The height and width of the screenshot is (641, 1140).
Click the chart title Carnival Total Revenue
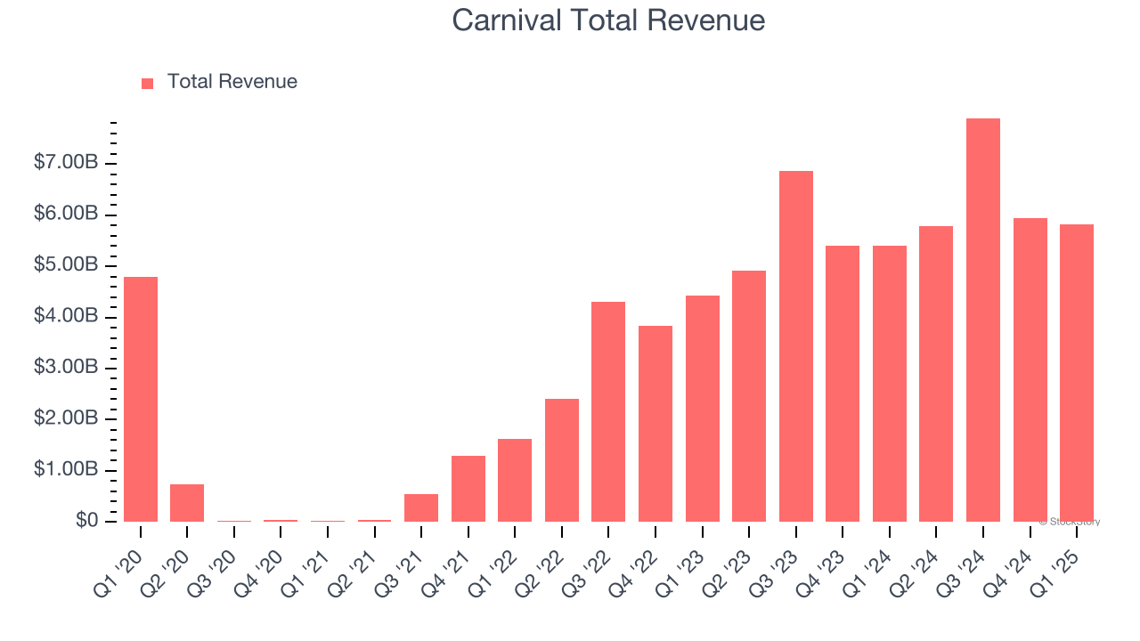point(608,20)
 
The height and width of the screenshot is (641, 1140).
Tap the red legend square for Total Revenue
point(148,83)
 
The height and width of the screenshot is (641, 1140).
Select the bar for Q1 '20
point(141,399)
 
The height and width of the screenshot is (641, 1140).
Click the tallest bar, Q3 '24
point(983,320)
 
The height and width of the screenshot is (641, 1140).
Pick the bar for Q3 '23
point(796,346)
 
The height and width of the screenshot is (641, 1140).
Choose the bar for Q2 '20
point(187,503)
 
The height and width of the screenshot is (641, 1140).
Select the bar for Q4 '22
point(655,424)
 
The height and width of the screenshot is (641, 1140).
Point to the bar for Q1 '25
point(1077,373)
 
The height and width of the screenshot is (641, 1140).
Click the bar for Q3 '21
point(421,507)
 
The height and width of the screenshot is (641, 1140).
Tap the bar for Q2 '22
point(562,460)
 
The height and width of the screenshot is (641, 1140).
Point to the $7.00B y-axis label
point(67,164)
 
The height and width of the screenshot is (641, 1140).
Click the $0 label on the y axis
point(87,521)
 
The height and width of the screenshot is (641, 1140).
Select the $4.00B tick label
point(67,317)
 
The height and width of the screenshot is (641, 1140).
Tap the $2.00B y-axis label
point(67,419)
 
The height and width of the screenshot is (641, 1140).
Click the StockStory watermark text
point(1069,523)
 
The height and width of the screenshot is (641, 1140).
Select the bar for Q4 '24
point(1030,369)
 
